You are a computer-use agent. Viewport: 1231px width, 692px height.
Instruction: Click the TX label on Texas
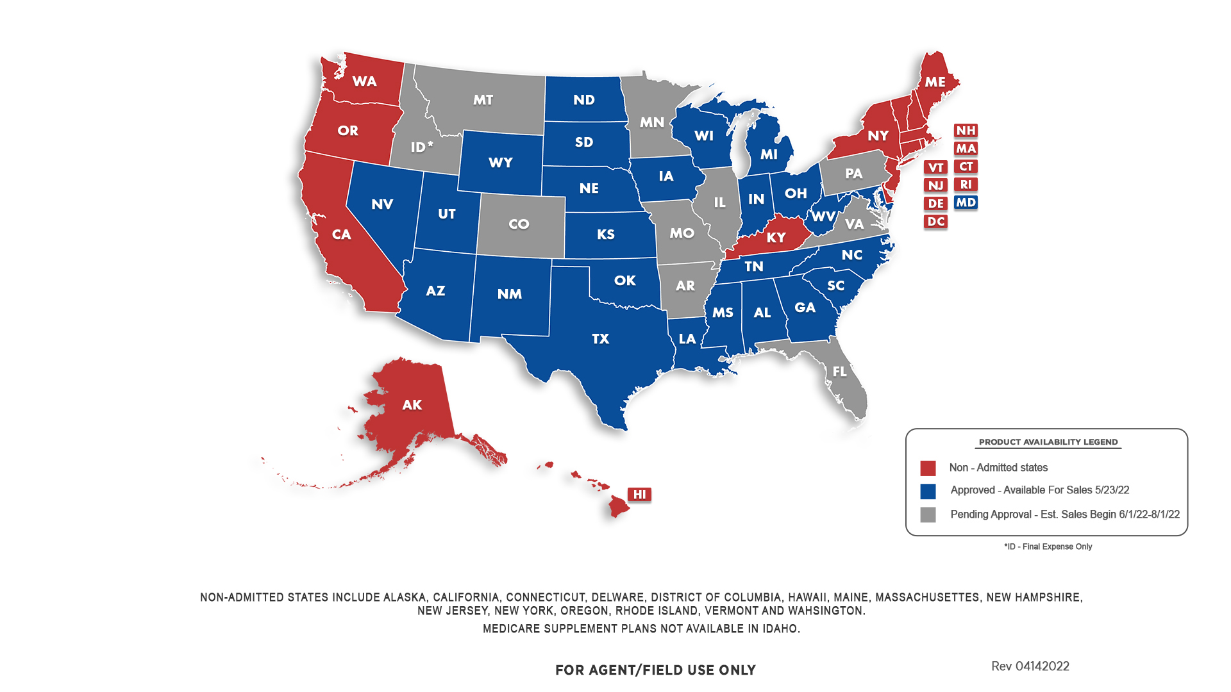point(600,339)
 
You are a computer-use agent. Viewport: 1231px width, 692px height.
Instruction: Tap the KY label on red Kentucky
point(776,238)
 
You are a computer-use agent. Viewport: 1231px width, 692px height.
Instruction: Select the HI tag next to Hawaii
point(639,494)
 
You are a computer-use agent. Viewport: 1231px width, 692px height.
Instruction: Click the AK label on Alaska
point(412,405)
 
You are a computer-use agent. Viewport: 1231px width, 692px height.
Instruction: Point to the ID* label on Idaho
point(421,147)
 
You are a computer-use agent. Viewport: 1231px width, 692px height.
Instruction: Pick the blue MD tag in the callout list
point(966,202)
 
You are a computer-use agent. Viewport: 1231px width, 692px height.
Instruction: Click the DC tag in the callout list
point(935,222)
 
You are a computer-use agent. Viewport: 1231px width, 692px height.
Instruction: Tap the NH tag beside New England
point(966,131)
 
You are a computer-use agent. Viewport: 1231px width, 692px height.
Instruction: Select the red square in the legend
point(928,468)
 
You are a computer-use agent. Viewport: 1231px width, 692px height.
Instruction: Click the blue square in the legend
point(928,491)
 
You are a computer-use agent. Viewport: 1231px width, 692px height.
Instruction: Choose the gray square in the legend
point(928,515)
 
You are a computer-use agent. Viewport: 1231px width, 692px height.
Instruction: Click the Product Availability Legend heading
point(1048,442)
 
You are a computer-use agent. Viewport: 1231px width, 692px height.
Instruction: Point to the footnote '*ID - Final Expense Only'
point(1048,547)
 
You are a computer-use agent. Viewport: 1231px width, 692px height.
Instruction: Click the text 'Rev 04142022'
point(1030,666)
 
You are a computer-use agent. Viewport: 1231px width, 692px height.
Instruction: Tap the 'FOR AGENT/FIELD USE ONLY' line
point(655,670)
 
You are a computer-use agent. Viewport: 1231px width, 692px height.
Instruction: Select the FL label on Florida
point(839,372)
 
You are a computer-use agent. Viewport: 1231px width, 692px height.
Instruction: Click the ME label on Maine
point(934,82)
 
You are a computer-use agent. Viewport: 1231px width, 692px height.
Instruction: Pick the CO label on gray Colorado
point(519,224)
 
